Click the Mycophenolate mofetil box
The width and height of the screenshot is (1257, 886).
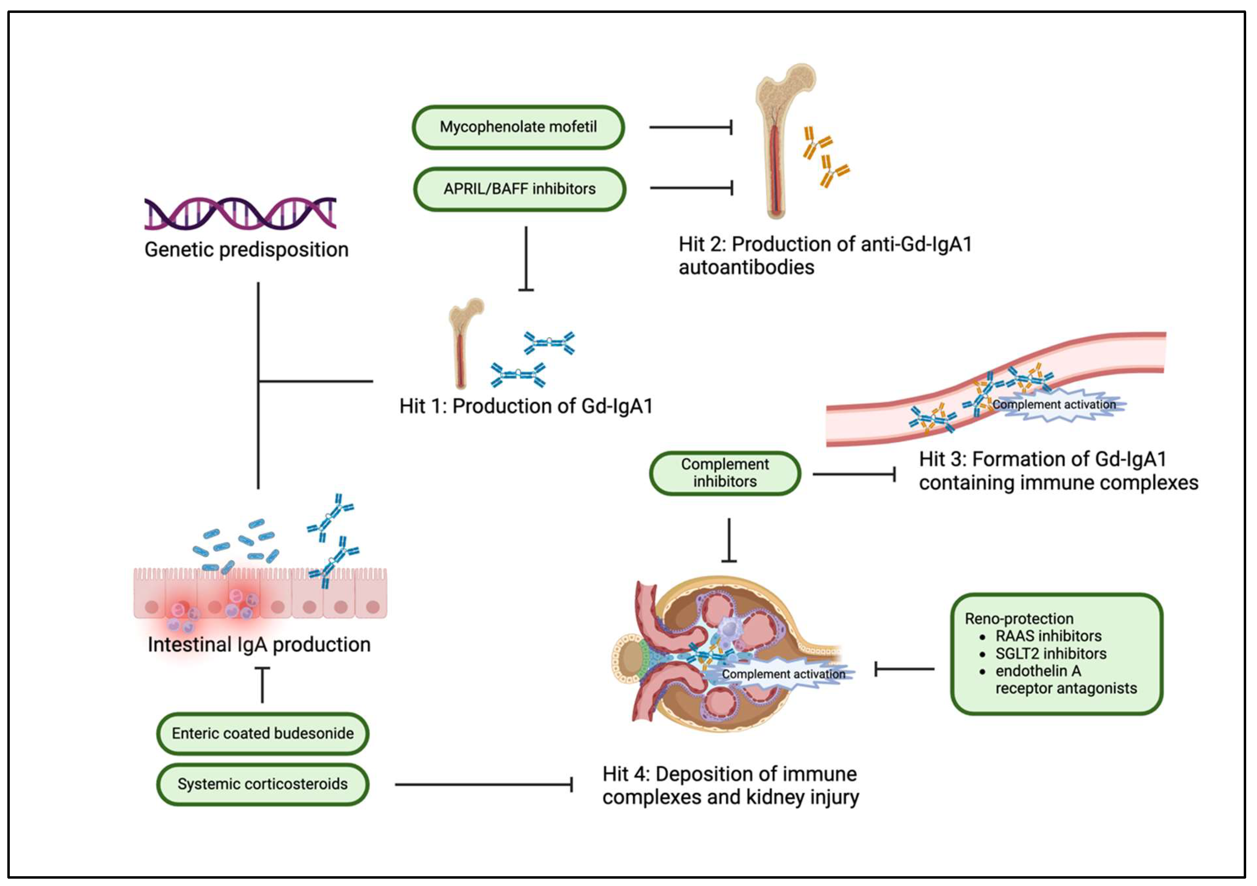click(518, 127)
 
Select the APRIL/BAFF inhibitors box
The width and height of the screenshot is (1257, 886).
click(519, 189)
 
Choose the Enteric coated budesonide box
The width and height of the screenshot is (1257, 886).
click(263, 733)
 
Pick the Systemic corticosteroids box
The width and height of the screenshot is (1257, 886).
click(263, 784)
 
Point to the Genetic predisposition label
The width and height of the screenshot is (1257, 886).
click(246, 250)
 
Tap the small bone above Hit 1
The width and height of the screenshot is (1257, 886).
click(465, 343)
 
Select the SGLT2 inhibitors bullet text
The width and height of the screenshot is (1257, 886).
click(1051, 653)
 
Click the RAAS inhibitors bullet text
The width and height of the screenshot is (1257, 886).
click(1048, 636)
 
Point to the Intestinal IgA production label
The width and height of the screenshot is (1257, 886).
click(259, 645)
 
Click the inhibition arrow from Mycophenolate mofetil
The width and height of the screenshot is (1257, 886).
click(691, 127)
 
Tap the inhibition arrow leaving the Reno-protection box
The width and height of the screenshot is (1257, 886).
click(904, 669)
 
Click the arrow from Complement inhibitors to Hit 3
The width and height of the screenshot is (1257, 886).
click(854, 474)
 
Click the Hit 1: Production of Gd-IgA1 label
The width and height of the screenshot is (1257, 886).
click(526, 406)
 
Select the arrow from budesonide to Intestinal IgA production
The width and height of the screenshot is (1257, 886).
click(263, 685)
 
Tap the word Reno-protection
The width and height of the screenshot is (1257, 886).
click(1019, 618)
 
